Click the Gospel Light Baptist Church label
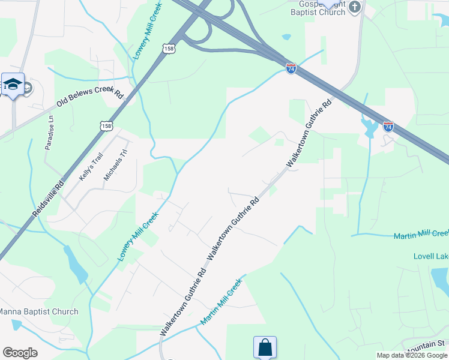[315, 7]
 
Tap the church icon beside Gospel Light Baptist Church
[355, 7]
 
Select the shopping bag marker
[265, 347]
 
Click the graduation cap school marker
[13, 84]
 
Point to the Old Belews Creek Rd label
[89, 100]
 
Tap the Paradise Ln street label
[50, 133]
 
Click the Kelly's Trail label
[91, 167]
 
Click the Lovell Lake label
[431, 256]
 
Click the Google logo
[20, 353]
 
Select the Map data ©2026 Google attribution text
[412, 355]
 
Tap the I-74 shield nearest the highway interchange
[291, 69]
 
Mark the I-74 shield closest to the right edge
[388, 127]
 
